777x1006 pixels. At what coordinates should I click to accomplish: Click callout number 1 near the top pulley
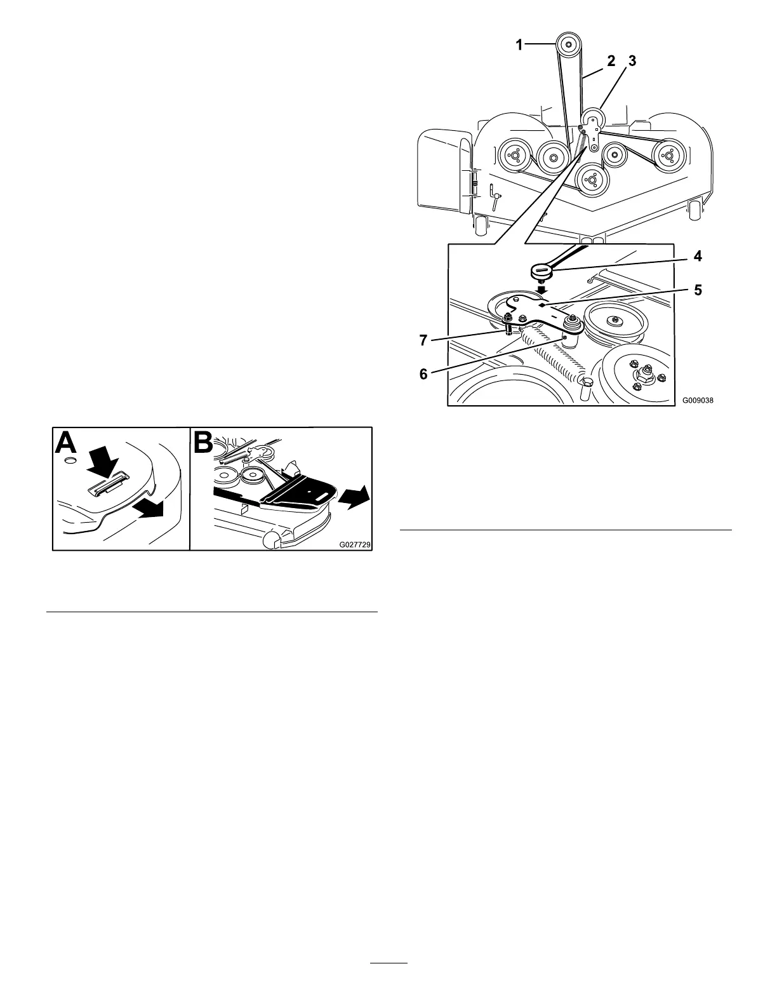(x=519, y=44)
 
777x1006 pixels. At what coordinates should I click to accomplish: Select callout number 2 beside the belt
(x=611, y=61)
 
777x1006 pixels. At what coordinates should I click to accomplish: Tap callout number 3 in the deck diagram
(x=631, y=61)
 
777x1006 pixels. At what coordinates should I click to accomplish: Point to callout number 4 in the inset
(x=697, y=257)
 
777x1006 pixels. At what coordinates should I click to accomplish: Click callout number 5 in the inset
(x=697, y=290)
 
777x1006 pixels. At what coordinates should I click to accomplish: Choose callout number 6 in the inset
(x=423, y=374)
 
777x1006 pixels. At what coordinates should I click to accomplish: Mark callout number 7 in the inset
(x=423, y=340)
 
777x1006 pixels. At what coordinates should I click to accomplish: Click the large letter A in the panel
(x=68, y=442)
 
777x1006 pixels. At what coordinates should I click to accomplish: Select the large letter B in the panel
(x=203, y=442)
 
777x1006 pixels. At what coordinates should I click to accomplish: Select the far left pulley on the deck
(x=512, y=156)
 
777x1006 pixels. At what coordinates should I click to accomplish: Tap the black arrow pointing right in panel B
(x=353, y=494)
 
